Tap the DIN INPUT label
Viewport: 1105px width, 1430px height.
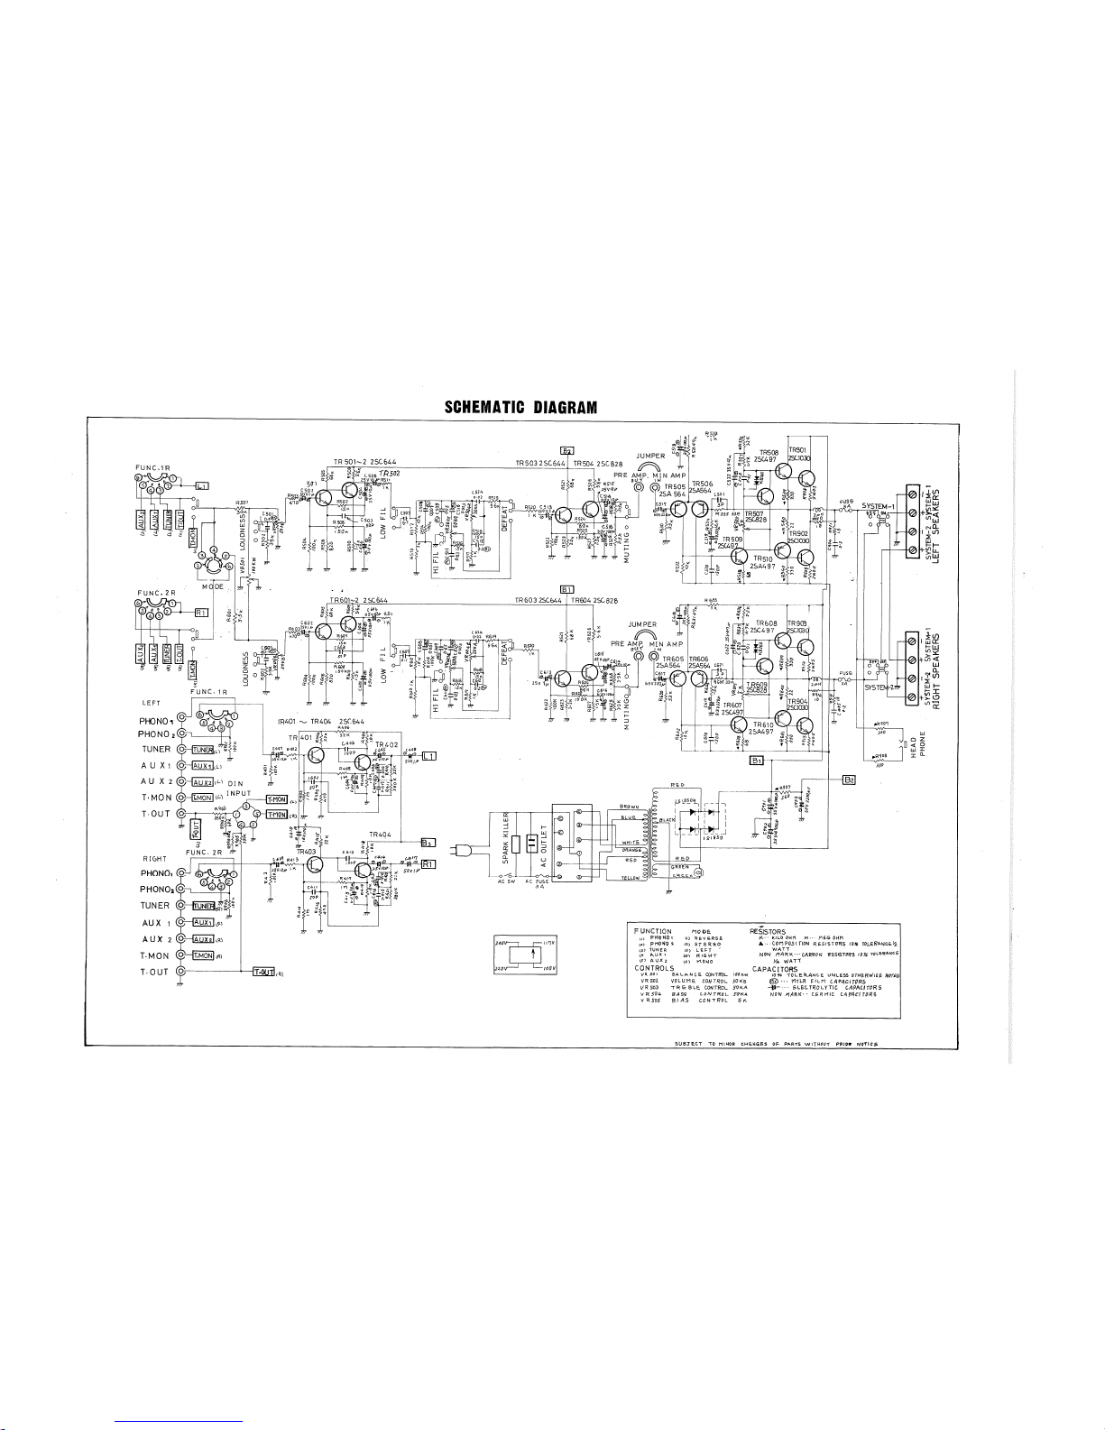[x=237, y=788]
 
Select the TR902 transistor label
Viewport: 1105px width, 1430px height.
[x=798, y=533]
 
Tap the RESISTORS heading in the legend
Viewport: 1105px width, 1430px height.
[x=768, y=930]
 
